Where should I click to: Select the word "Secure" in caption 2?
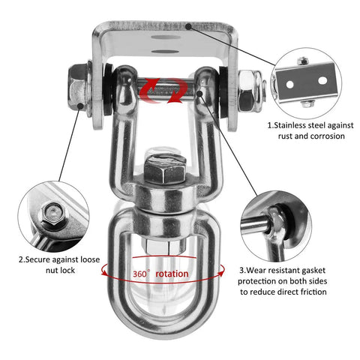pyautogui.click(x=38, y=259)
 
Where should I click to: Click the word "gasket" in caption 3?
pyautogui.click(x=313, y=271)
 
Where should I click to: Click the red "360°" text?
pyautogui.click(x=141, y=274)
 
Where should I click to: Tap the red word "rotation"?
pyautogui.click(x=172, y=274)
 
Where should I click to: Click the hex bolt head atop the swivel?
pyautogui.click(x=165, y=169)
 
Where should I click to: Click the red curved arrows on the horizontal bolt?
pyautogui.click(x=163, y=91)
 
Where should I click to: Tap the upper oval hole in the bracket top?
pyautogui.click(x=166, y=37)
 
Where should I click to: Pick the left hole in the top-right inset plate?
pyautogui.click(x=289, y=84)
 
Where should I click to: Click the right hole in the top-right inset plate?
pyautogui.click(x=322, y=80)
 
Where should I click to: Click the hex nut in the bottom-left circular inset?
pyautogui.click(x=55, y=214)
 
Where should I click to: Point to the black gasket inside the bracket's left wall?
pyautogui.click(x=108, y=89)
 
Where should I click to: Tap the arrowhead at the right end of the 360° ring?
pyautogui.click(x=221, y=273)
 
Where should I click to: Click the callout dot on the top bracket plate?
pyautogui.click(x=188, y=26)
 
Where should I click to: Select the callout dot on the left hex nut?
pyautogui.click(x=80, y=106)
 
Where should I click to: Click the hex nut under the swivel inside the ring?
pyautogui.click(x=163, y=246)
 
